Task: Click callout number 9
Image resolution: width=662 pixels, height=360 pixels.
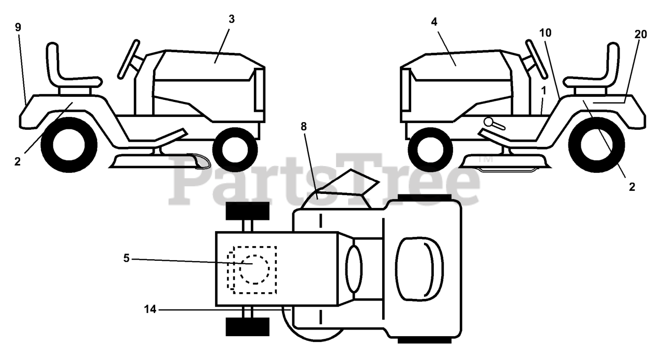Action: click(x=18, y=27)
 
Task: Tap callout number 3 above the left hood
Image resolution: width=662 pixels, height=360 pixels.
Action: click(x=231, y=19)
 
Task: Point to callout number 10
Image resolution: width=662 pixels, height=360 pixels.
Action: click(x=545, y=33)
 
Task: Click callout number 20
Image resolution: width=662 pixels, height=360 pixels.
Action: click(x=640, y=34)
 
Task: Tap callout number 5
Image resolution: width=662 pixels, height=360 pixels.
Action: click(x=126, y=258)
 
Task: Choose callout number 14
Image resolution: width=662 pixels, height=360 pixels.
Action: click(x=150, y=309)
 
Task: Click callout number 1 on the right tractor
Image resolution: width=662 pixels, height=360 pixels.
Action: click(x=544, y=90)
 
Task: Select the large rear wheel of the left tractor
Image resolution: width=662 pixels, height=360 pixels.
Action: click(x=68, y=145)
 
